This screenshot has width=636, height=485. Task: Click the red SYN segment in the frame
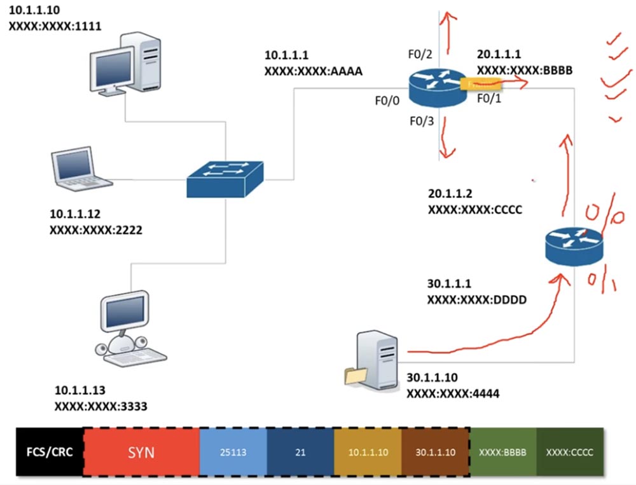click(x=141, y=453)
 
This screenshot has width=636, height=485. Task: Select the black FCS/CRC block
click(x=49, y=453)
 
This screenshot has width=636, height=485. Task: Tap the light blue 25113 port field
click(x=233, y=453)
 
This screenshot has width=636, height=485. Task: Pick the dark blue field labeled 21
click(x=300, y=453)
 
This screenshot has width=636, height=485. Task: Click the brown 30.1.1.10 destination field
click(x=436, y=453)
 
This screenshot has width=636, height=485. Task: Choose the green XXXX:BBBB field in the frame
click(x=502, y=453)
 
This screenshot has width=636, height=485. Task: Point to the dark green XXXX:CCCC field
click(x=569, y=453)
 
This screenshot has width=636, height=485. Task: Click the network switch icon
click(x=226, y=178)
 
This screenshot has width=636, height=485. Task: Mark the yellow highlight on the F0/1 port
click(x=481, y=83)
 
